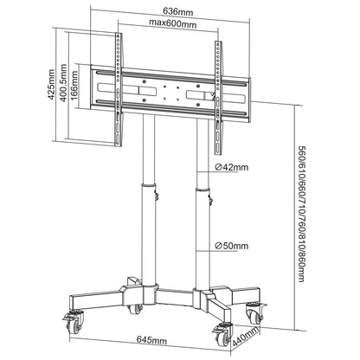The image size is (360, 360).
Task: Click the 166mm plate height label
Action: point(75,87)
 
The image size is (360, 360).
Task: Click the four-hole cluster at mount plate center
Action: point(173,87)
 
